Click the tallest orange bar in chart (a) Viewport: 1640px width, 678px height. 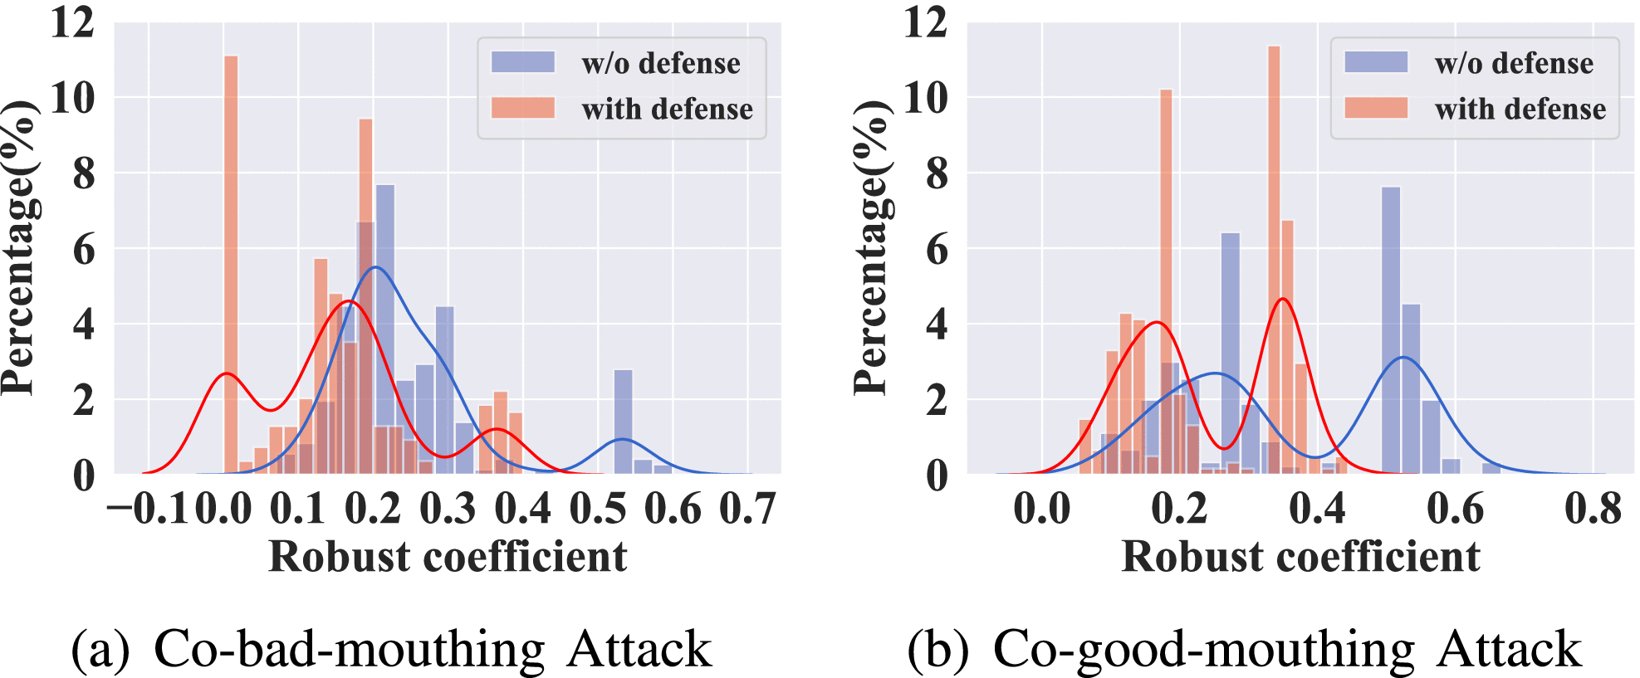(231, 266)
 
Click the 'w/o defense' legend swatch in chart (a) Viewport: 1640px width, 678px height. (522, 63)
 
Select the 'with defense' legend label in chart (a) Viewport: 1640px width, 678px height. (667, 109)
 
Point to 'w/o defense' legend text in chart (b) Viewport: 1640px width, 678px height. (1514, 63)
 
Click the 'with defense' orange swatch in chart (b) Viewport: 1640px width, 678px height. (1376, 109)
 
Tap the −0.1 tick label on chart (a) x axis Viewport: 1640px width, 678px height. (149, 509)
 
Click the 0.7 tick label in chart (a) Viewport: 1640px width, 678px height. (747, 509)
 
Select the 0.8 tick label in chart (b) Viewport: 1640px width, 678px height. (1593, 509)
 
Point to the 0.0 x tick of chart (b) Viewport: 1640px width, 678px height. (1041, 509)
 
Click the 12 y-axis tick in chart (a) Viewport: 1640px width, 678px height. (73, 22)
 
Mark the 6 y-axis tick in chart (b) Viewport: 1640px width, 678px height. (936, 249)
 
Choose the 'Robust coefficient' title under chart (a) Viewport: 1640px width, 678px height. (448, 556)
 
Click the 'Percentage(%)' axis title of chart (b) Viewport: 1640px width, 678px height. (871, 249)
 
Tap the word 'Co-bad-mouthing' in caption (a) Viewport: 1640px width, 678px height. (349, 649)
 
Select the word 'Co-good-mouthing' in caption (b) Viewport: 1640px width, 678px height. (1204, 649)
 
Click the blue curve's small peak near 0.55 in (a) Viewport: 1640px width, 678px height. (623, 440)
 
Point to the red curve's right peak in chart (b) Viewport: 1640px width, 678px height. (1284, 299)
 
